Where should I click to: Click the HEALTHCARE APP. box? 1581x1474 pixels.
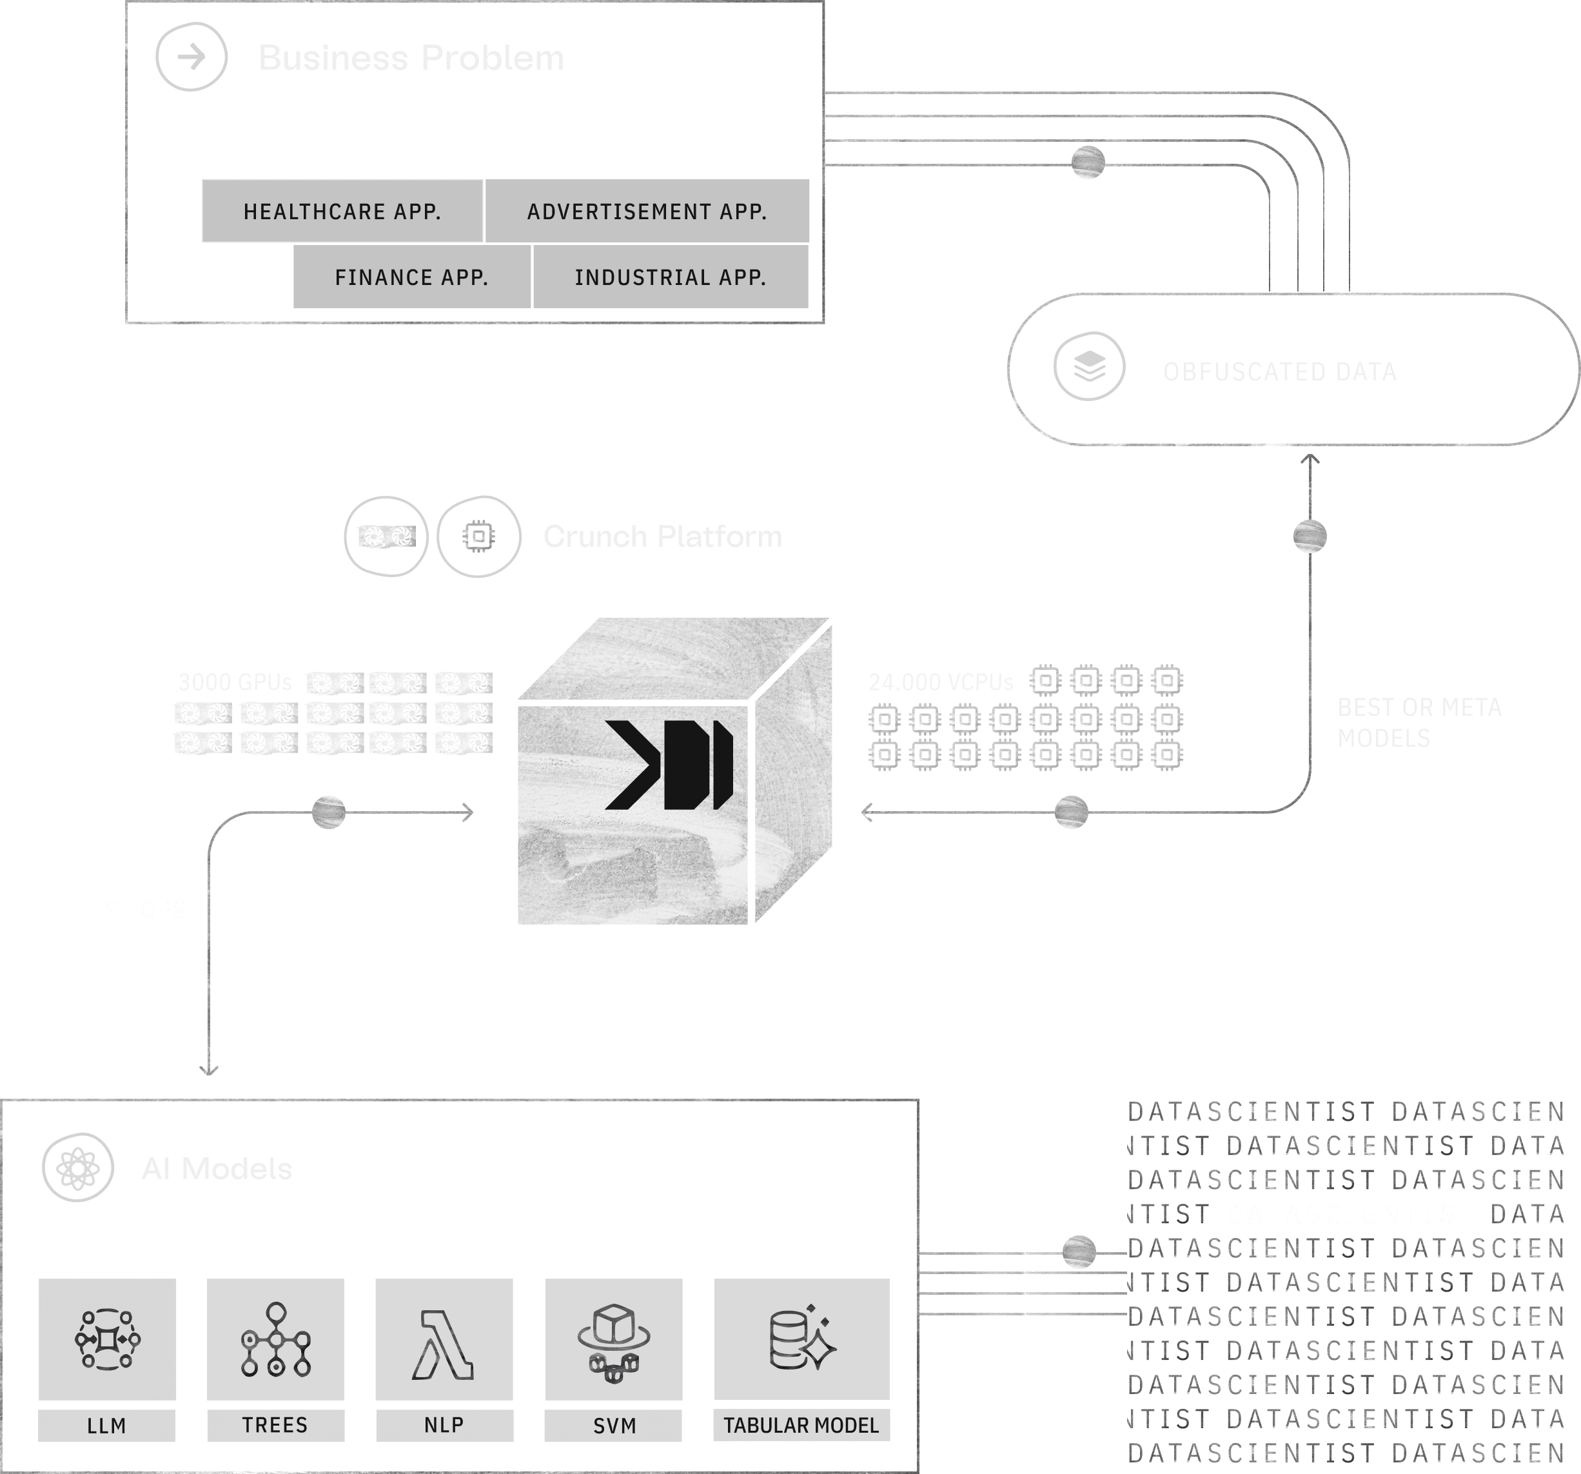342,211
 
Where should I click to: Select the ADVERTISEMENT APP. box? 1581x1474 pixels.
647,211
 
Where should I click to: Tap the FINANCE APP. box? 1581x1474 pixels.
411,277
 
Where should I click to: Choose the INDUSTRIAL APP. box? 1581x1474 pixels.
670,277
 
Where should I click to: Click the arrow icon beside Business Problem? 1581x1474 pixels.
191,57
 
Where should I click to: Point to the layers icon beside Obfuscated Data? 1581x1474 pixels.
1089,367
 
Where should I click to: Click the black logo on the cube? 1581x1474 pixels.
669,765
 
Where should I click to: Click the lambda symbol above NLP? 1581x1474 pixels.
444,1344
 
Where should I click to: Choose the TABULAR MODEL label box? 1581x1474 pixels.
801,1425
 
